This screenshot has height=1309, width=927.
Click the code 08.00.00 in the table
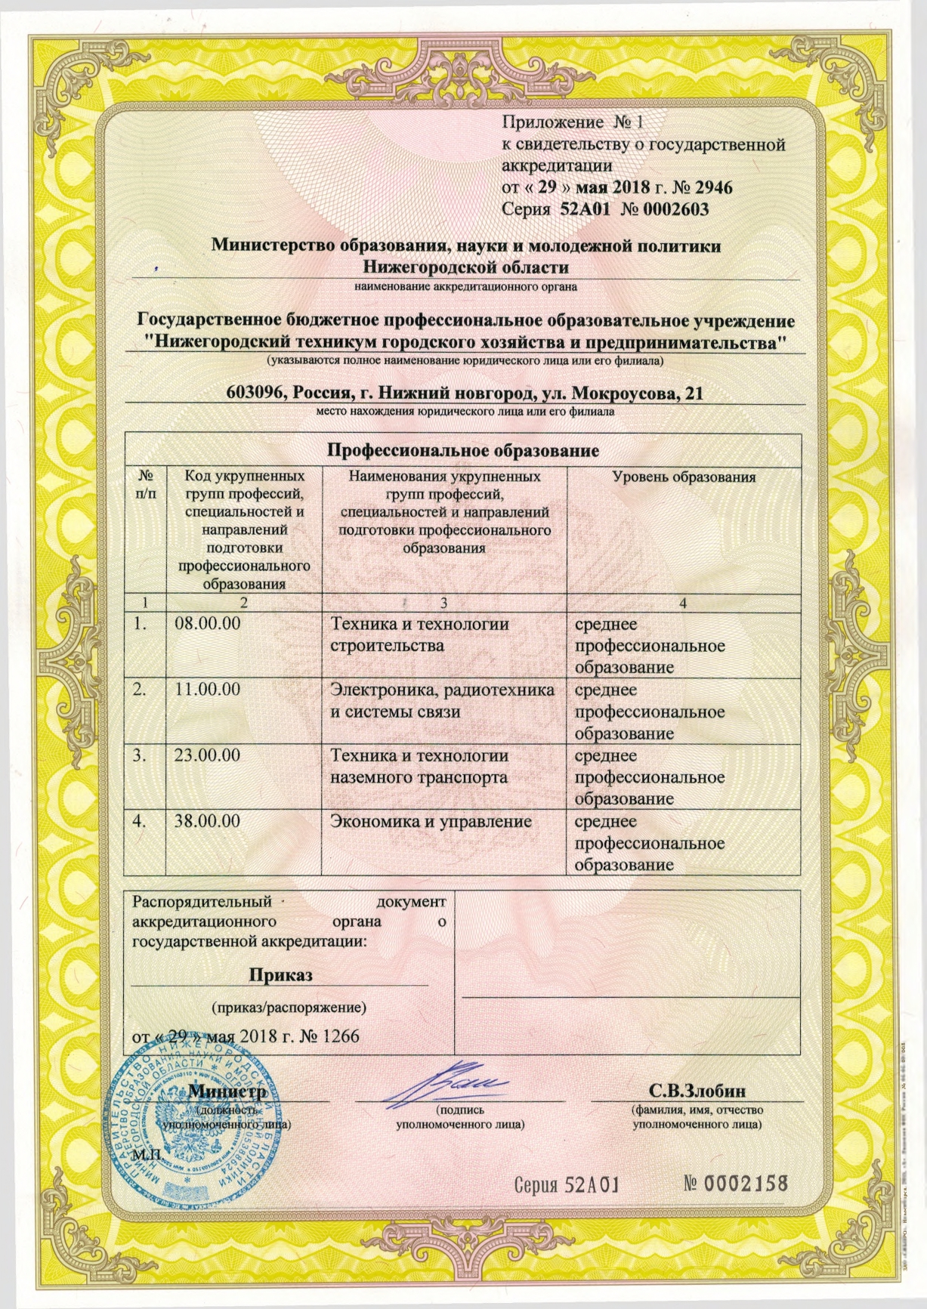[208, 625]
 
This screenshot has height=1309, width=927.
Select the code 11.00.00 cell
[208, 690]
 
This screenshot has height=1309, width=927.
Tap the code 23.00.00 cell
[208, 755]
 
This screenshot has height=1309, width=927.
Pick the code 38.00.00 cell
[208, 821]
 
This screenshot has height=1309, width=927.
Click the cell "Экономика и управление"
[431, 822]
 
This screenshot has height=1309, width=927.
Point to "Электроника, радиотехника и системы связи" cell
[443, 701]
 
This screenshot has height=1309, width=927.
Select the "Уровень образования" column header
[684, 477]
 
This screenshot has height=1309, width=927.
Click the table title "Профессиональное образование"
[462, 451]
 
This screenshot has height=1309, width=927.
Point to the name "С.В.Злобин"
[697, 1091]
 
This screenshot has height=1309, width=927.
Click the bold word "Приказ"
[281, 974]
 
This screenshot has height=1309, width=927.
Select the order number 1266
[341, 1036]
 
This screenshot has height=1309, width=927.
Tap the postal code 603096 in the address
[255, 394]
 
